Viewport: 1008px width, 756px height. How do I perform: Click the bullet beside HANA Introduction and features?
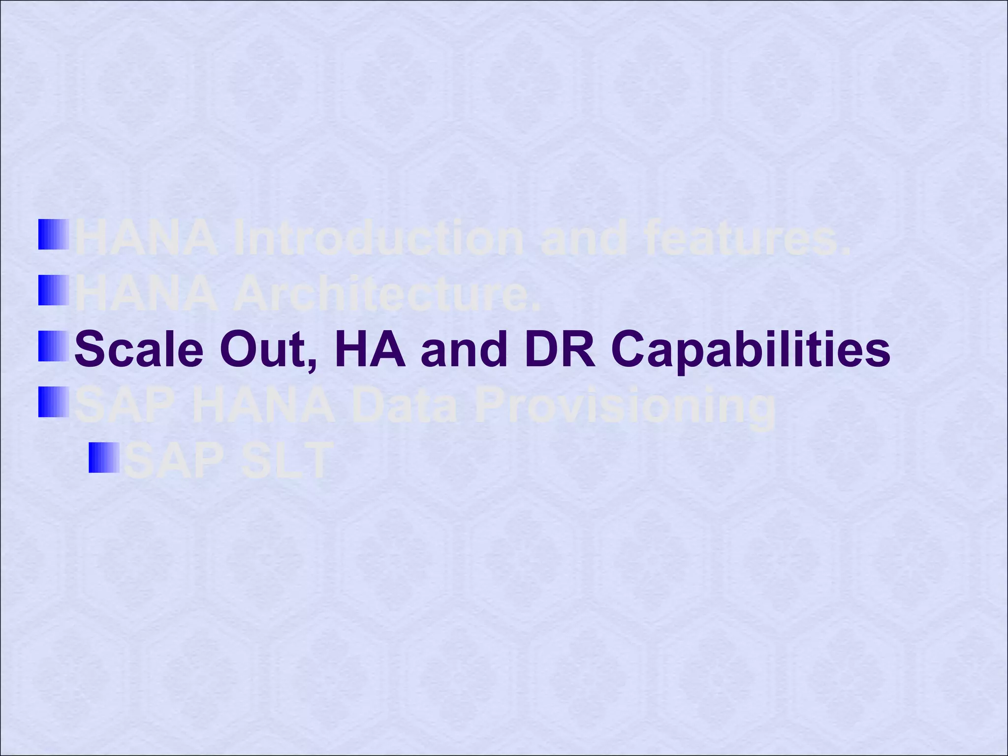pyautogui.click(x=54, y=234)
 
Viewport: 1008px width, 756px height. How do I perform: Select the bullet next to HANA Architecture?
pyautogui.click(x=54, y=290)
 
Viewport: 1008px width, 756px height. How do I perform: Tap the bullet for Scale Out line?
pyautogui.click(x=54, y=346)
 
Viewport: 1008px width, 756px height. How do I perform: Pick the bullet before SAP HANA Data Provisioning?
pyautogui.click(x=54, y=402)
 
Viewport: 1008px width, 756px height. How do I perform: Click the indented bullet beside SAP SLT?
pyautogui.click(x=104, y=458)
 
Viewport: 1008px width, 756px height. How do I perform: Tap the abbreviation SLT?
pyautogui.click(x=284, y=462)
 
